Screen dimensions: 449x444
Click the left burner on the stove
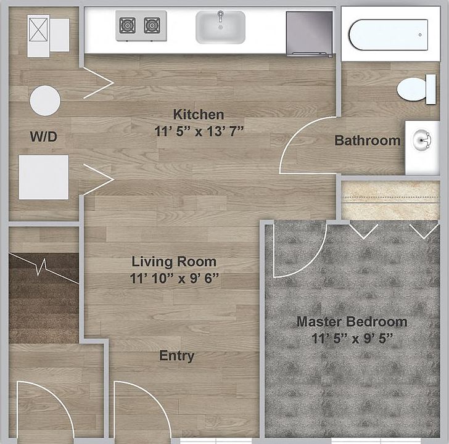127,26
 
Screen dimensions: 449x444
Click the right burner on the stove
152,26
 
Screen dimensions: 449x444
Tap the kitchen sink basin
221,27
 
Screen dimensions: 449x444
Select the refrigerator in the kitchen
309,33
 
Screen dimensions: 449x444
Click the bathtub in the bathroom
389,35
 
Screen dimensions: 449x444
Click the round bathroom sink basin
422,140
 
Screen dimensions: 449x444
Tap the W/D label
44,136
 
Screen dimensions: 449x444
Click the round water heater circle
45,101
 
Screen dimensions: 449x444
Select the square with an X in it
38,29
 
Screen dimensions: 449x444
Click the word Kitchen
199,115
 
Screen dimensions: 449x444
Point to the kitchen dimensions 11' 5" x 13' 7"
199,131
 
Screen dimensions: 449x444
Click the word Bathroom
368,141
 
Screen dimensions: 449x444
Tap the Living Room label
174,261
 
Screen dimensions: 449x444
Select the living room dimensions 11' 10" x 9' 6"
174,278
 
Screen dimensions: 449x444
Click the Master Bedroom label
352,321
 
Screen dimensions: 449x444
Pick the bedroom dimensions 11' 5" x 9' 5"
352,339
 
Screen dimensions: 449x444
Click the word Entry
176,356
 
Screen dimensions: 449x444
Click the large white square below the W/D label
44,177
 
